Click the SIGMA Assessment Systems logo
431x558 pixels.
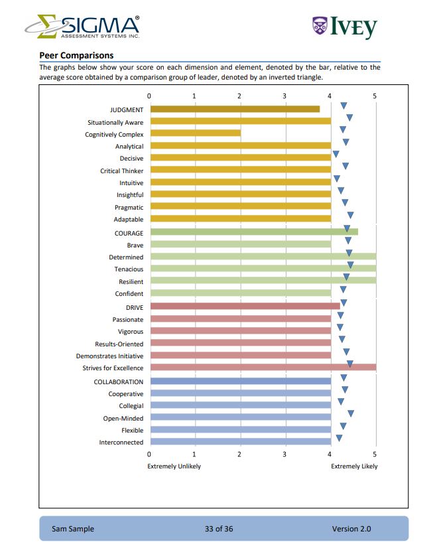[x=82, y=27]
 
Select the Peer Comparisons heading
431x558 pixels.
[x=76, y=55]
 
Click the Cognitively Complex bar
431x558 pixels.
[x=195, y=133]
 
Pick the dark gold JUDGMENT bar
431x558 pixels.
[x=235, y=109]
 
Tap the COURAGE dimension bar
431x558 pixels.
[x=254, y=232]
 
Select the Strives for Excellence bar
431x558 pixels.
[x=263, y=367]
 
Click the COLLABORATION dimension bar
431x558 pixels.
[x=240, y=381]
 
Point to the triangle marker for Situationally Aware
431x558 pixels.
[x=349, y=118]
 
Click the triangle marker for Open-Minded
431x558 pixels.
[x=351, y=414]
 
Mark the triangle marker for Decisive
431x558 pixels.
[x=336, y=155]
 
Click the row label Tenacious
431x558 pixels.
[x=129, y=269]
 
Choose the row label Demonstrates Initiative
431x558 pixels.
[x=109, y=356]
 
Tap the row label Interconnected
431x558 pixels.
[x=121, y=442]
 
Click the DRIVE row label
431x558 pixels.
[x=135, y=307]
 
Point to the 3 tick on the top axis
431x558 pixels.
[x=284, y=96]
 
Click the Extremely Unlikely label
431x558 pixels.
[x=174, y=466]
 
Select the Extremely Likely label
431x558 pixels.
[x=354, y=466]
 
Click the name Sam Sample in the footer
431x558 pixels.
[x=73, y=529]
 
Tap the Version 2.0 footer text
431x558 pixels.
[x=351, y=529]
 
